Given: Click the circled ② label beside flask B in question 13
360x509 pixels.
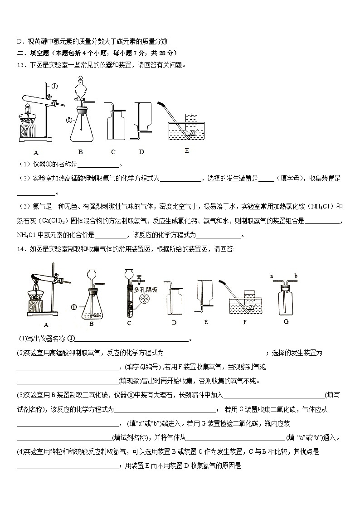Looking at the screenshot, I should (69, 120).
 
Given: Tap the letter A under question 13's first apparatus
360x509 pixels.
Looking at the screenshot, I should (36, 152).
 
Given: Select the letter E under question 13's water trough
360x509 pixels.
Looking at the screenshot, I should (186, 150).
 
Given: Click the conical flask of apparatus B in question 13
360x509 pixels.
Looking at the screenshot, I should (83, 129).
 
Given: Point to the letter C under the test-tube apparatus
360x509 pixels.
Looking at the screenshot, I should (129, 323).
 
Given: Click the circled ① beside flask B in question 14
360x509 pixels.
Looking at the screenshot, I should (74, 307).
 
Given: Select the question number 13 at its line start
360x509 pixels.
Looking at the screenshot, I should (20, 65).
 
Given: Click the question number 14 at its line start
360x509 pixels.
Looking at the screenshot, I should (20, 248).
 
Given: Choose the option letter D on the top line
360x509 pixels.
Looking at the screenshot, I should (19, 41).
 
